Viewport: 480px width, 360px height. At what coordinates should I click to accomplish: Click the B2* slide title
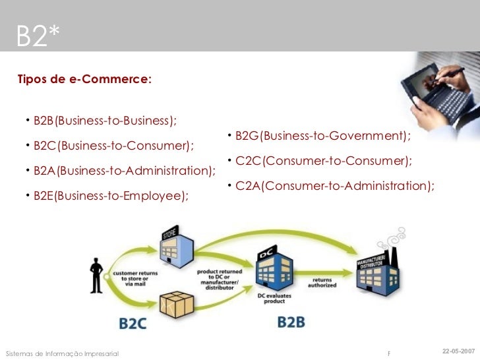coord(38,37)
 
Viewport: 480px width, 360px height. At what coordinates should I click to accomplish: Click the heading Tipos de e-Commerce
coord(84,80)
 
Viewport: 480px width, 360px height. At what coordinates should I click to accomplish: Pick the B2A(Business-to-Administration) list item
coord(124,171)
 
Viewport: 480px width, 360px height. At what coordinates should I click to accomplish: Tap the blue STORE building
coord(176,250)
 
